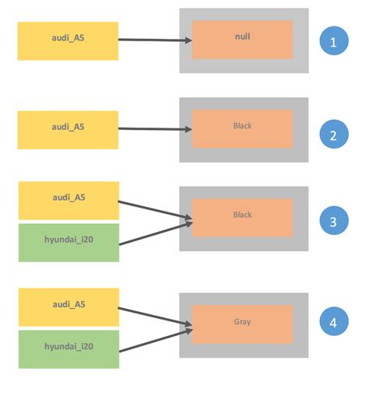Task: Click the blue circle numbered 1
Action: [334, 41]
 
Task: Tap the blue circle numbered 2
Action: [334, 135]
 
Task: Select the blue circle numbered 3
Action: [334, 221]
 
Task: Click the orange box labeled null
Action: [242, 40]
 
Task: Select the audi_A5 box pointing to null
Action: [69, 40]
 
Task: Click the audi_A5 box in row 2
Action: [69, 130]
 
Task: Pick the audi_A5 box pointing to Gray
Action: [69, 307]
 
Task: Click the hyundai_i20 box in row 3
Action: [69, 243]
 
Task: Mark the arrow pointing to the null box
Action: [156, 40]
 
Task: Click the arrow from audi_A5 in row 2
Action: [156, 129]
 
